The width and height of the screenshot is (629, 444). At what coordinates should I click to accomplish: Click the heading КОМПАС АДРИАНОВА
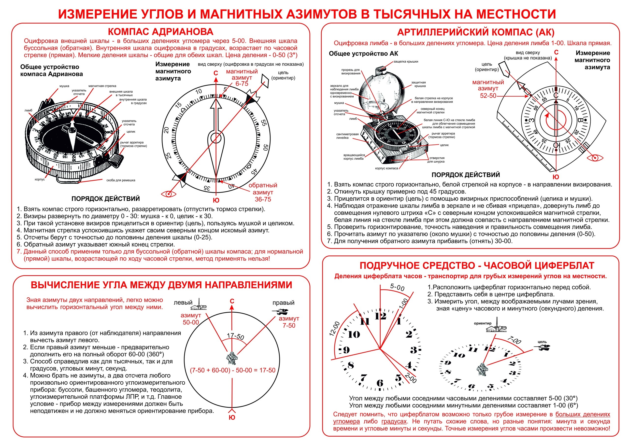point(160,32)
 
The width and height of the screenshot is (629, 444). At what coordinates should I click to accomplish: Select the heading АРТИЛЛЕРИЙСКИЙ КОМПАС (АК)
point(476,32)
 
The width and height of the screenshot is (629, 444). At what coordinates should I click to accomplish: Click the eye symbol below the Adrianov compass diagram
point(169,194)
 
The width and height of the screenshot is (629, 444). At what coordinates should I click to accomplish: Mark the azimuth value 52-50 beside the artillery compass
point(488,96)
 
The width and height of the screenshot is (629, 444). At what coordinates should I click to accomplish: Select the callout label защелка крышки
point(406,62)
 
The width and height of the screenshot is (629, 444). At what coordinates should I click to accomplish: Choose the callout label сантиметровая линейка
point(347,136)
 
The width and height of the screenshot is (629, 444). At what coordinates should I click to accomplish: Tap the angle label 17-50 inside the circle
point(235,336)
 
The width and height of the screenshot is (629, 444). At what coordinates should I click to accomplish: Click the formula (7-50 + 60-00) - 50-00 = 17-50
point(233,370)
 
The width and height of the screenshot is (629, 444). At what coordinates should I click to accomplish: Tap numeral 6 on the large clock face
point(380,383)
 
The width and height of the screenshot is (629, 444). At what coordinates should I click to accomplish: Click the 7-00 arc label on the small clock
point(514,340)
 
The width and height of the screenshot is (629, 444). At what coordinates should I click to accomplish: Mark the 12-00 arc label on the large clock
point(334,329)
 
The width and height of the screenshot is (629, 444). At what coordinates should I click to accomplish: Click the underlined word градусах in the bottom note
point(394,422)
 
